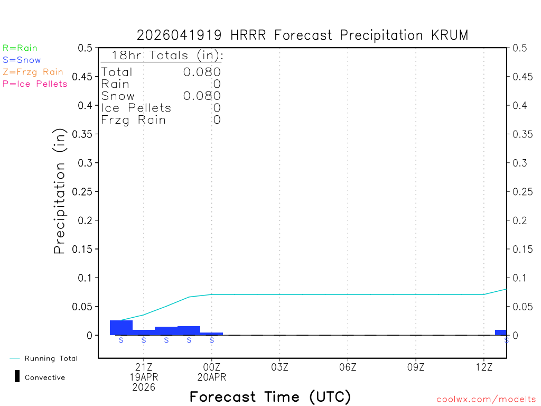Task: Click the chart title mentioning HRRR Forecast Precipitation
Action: point(302,35)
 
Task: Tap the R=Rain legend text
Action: point(20,48)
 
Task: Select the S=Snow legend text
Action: point(22,60)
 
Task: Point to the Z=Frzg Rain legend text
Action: point(33,72)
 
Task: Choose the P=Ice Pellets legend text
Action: point(35,84)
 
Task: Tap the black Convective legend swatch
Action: point(17,376)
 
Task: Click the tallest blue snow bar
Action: point(121,328)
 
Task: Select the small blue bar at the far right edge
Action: point(501,333)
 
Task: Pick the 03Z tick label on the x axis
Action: point(279,367)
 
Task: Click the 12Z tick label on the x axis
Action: point(484,367)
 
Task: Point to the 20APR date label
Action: point(212,377)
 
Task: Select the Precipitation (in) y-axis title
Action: point(60,191)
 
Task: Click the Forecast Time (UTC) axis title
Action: point(270,396)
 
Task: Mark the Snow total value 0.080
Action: point(202,96)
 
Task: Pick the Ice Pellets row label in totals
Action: point(136,108)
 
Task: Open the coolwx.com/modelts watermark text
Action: point(486,400)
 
